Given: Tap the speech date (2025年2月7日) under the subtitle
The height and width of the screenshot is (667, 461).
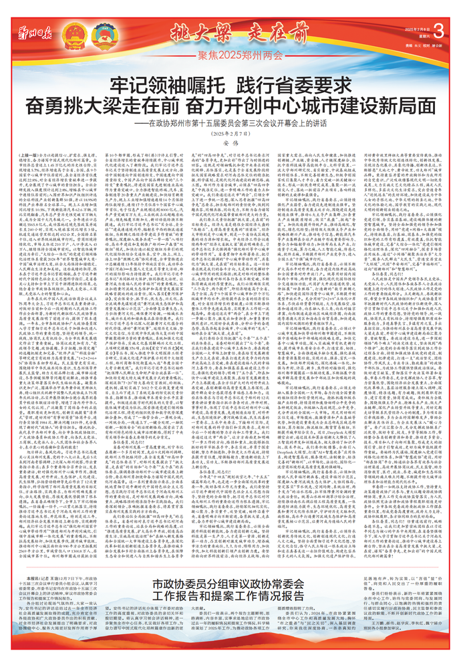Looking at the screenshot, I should (230, 134).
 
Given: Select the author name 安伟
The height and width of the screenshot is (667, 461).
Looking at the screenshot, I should (230, 144).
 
